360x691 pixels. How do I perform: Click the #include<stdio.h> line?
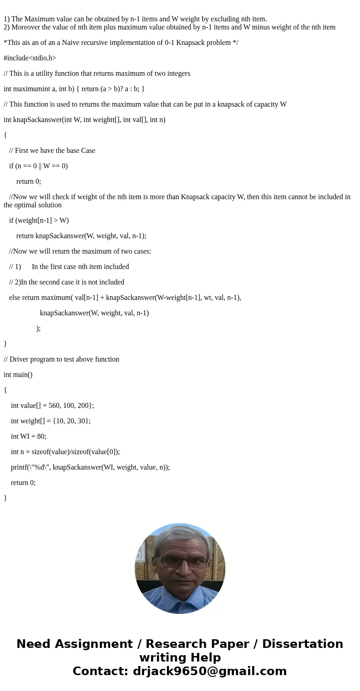(30, 58)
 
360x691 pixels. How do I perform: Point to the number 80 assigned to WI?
(42, 436)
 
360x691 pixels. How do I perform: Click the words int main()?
(18, 375)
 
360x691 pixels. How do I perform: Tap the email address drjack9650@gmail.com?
(209, 671)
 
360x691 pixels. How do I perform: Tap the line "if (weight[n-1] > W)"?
(39, 221)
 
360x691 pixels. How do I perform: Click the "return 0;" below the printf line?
(23, 483)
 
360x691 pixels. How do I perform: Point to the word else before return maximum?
(15, 298)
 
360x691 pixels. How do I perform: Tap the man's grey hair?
(180, 533)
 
